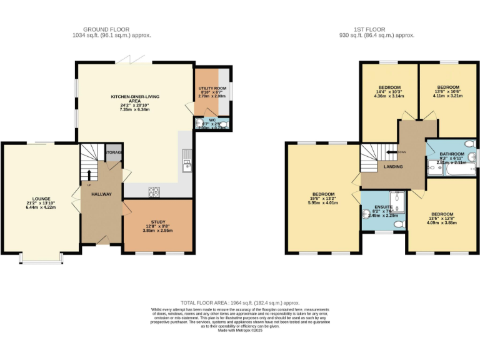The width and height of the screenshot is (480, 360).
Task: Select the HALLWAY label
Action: (101, 194)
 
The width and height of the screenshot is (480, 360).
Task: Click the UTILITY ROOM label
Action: (211, 89)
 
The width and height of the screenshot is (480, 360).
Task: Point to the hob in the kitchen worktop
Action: (154, 192)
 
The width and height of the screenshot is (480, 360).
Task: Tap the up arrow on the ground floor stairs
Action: (89, 176)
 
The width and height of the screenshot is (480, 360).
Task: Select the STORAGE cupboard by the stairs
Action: (114, 153)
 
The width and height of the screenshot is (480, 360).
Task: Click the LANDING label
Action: (393, 167)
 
